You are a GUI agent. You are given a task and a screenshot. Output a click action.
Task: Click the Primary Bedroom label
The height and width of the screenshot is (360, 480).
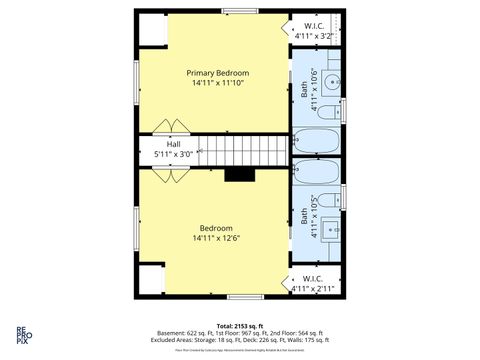(x=218, y=73)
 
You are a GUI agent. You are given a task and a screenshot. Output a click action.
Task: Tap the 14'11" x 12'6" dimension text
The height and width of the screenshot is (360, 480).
(x=217, y=238)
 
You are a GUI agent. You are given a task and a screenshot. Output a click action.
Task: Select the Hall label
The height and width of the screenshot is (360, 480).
(x=173, y=143)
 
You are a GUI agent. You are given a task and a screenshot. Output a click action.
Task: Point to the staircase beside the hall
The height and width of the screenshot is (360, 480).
(x=240, y=151)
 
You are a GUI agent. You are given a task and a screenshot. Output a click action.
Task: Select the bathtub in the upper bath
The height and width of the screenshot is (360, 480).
(x=318, y=139)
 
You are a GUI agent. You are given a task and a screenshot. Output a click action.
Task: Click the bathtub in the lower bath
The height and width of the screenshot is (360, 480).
(x=318, y=170)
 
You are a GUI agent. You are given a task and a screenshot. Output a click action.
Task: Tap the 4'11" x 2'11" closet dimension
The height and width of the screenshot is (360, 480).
(x=312, y=289)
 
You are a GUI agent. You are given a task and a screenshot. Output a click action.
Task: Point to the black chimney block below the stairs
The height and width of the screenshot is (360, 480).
(x=240, y=175)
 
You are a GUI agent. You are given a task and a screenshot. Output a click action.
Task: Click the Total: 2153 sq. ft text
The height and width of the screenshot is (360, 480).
(x=239, y=326)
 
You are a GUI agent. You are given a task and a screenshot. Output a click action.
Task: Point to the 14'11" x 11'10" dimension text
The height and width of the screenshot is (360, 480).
(x=217, y=85)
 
